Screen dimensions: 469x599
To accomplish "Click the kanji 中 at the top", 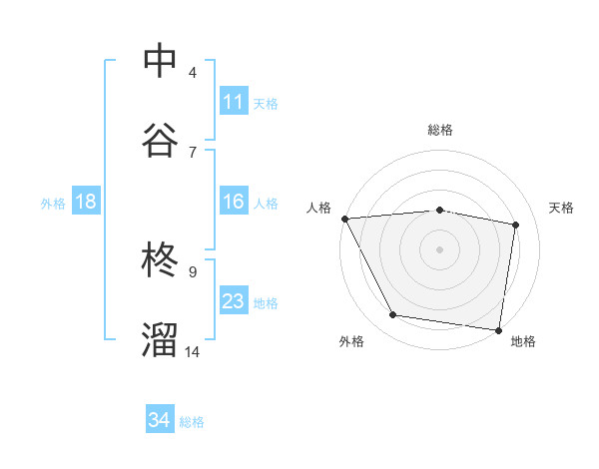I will click(161, 62).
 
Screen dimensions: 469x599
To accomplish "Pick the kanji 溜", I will click(161, 339).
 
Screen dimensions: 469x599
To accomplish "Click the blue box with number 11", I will click(234, 102).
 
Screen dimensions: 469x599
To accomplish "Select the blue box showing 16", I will click(234, 203).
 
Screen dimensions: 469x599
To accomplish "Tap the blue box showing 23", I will click(234, 301).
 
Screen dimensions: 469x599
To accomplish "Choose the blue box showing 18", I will click(86, 202).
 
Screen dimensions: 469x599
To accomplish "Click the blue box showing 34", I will click(160, 421).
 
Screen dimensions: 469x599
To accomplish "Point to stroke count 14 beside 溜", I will click(193, 351).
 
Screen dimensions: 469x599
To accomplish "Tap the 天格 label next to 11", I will click(266, 103).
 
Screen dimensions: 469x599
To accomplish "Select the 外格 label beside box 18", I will click(53, 203).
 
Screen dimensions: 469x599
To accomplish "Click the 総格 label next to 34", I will click(192, 422).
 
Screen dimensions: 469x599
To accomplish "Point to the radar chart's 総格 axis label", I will click(440, 130).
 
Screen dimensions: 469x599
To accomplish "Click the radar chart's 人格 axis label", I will click(319, 208).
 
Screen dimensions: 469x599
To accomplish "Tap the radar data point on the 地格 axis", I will click(498, 329).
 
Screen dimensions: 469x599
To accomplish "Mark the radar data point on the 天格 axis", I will click(516, 225).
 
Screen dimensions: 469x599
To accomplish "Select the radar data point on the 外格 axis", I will click(393, 315).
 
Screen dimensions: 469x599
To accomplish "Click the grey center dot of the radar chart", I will click(440, 249).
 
